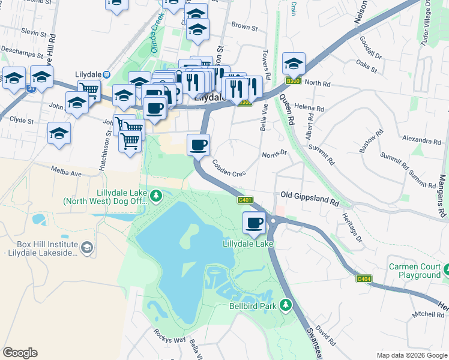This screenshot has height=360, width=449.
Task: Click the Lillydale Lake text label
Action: pos(248,244)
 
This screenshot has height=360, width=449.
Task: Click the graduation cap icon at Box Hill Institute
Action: pos(87,247)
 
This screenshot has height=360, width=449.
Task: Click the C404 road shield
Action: pos(364,278)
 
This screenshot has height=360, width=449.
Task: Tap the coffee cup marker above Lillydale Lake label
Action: pos(254,223)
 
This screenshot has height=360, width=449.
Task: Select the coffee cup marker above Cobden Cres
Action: pos(199,144)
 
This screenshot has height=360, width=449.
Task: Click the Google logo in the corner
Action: pos(20,353)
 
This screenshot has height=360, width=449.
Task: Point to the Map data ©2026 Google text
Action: pos(411,355)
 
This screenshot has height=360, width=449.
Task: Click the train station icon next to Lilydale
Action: pos(107,74)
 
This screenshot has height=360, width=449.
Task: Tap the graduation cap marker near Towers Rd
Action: pos(294,63)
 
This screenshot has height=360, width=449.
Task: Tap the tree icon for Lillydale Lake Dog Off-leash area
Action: pos(156,195)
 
